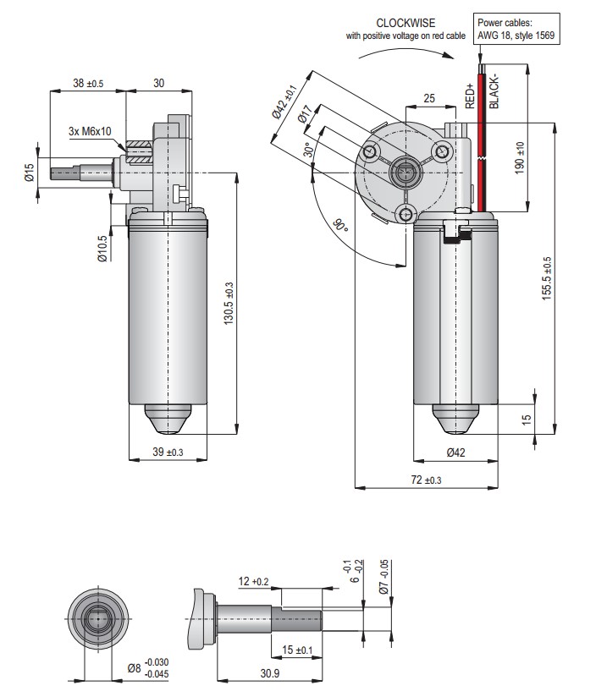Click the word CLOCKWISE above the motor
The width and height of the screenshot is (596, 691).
tap(407, 22)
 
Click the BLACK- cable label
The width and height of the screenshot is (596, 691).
tap(496, 90)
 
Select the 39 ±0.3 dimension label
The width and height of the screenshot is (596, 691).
tap(168, 452)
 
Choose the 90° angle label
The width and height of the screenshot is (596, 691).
tap(340, 227)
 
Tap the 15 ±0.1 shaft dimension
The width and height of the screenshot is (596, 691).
tap(296, 649)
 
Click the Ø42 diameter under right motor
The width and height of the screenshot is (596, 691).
tap(455, 452)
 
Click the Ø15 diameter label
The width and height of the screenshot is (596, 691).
tap(29, 173)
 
